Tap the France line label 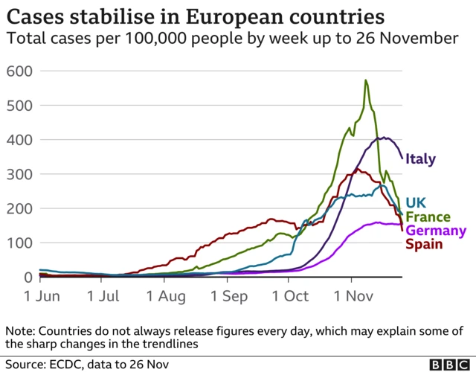[428, 217]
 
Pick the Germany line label [436, 231]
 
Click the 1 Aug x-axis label [166, 295]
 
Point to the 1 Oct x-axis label [291, 295]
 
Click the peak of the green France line [366, 80]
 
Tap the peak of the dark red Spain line [358, 169]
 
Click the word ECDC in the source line [65, 364]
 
